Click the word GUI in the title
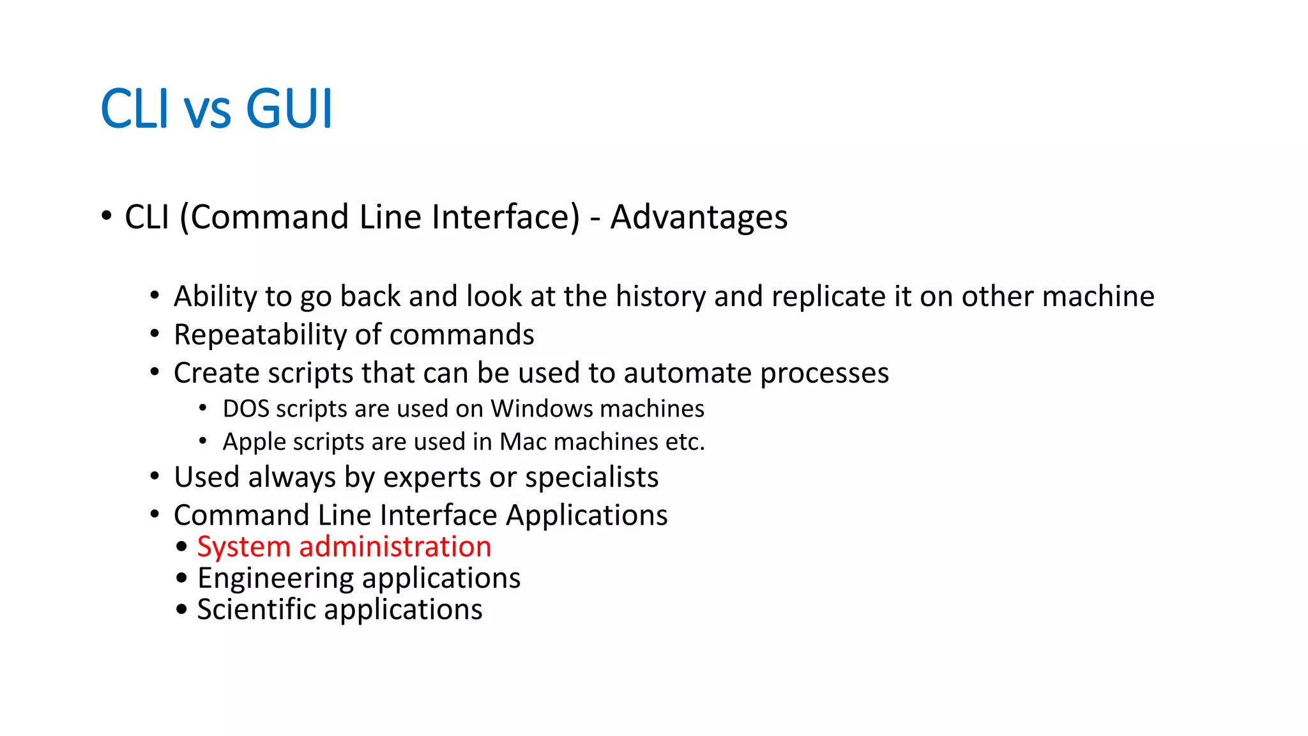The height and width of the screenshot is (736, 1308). tap(289, 109)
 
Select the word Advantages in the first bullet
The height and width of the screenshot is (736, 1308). tap(699, 217)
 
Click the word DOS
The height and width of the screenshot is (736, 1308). tap(246, 409)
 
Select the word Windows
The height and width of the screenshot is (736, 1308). tap(542, 409)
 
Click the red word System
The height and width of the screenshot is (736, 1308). tap(243, 548)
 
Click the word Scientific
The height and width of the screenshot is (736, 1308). tap(256, 609)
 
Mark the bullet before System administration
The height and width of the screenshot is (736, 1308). tap(182, 547)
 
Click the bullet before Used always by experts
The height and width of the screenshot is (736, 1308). tap(155, 477)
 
